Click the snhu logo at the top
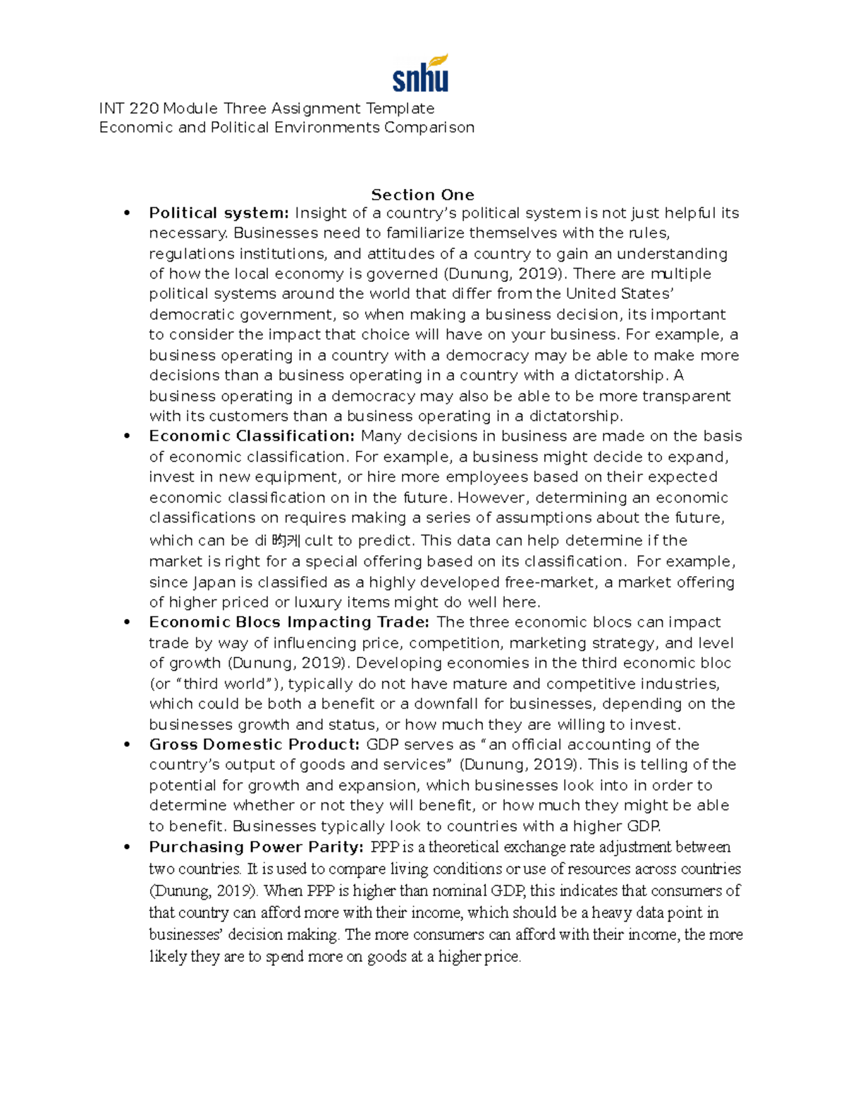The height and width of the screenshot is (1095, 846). (x=420, y=74)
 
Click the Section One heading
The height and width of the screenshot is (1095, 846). (x=422, y=195)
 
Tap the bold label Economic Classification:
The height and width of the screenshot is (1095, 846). (x=252, y=436)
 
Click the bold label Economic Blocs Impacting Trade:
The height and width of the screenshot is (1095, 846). (x=289, y=622)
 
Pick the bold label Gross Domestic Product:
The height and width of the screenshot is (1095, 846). (x=255, y=745)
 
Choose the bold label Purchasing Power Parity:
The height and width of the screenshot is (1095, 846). (x=257, y=847)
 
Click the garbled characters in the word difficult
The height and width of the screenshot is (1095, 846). (x=286, y=541)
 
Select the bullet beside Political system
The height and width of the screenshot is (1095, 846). (x=127, y=214)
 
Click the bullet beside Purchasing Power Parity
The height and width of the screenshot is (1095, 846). (x=127, y=848)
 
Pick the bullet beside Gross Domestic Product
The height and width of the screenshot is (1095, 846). (x=127, y=745)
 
